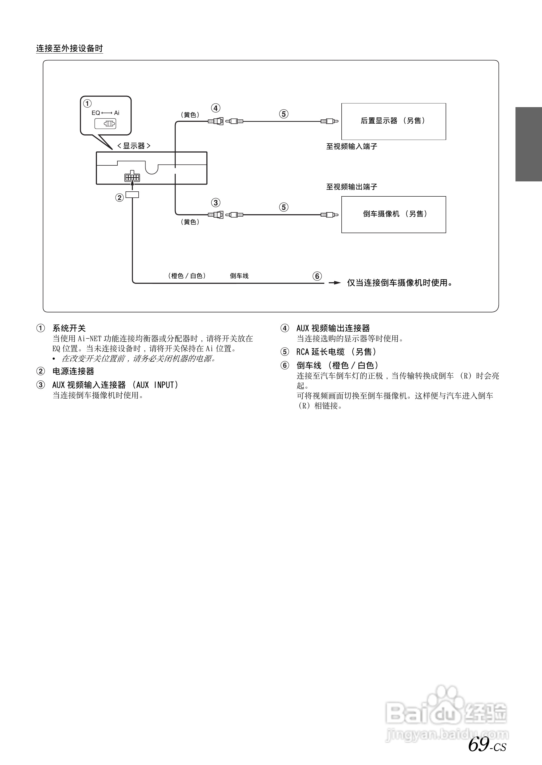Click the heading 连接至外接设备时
[x=69, y=48]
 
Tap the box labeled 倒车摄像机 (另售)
[x=393, y=214]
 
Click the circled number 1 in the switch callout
[x=87, y=103]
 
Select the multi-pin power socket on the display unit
[x=132, y=177]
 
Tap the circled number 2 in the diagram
[x=119, y=197]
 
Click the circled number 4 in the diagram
[x=216, y=108]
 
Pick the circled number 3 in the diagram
[x=216, y=202]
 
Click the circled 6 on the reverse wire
[x=317, y=276]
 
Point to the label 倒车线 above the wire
[x=239, y=276]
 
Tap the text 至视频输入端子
[x=351, y=146]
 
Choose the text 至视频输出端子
[x=351, y=187]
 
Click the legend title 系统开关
[x=69, y=328]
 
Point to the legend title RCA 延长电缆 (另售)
[x=336, y=352]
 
